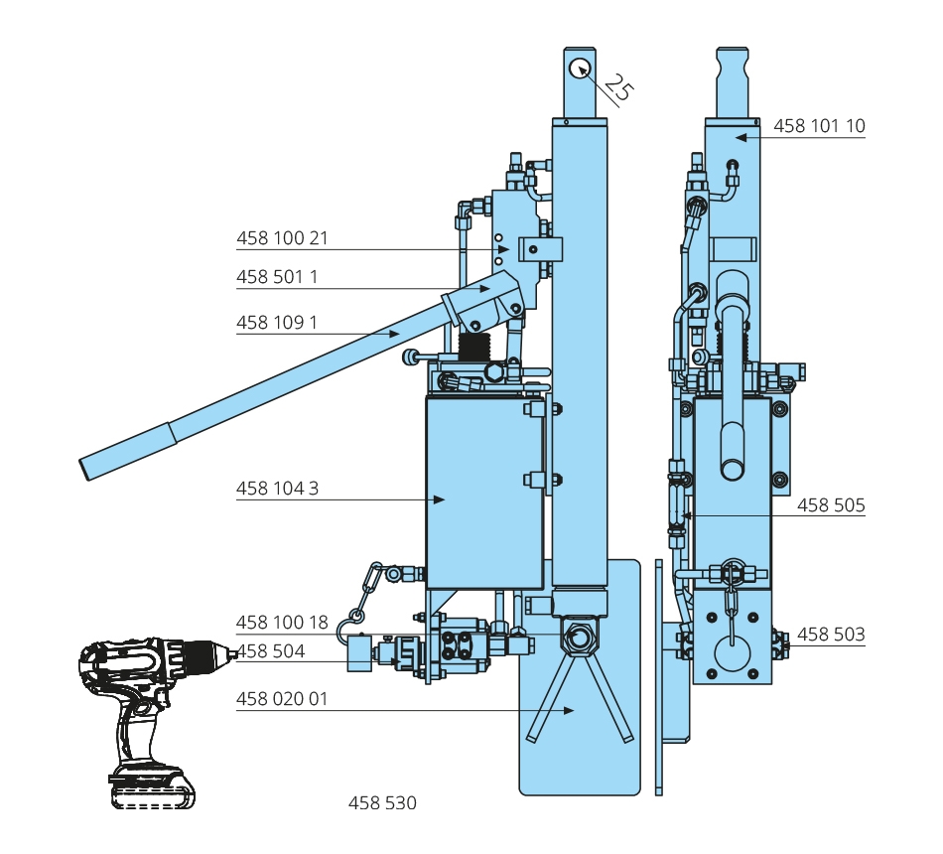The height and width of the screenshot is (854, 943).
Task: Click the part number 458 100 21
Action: (282, 238)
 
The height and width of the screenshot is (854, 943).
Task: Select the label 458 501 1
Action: (277, 277)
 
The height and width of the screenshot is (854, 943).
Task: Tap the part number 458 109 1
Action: (277, 323)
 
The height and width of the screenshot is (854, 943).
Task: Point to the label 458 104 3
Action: (277, 489)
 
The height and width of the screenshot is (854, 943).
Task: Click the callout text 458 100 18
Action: (282, 623)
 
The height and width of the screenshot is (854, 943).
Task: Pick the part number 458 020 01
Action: (282, 699)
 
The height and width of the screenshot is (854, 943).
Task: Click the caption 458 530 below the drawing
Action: (382, 802)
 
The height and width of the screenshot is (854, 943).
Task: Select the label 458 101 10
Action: (819, 126)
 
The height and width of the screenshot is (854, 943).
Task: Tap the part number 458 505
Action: (831, 505)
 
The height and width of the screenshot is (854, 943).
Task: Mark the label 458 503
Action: (831, 634)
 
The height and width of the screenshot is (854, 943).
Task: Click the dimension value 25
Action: (617, 88)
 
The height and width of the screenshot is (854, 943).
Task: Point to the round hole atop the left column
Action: (580, 68)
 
